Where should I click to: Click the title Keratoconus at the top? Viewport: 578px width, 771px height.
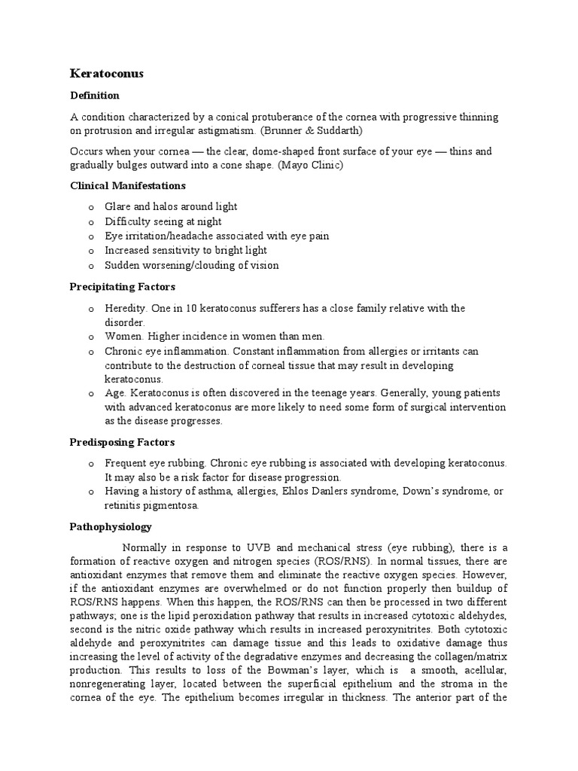point(106,74)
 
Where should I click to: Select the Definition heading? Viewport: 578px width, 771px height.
point(94,96)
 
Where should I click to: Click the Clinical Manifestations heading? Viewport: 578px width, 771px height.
point(128,185)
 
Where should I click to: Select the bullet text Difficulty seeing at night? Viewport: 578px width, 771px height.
point(163,221)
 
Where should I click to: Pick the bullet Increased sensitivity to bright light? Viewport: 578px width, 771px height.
point(186,250)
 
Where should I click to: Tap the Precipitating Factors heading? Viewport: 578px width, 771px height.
point(122,287)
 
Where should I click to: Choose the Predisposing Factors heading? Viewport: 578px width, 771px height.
point(122,442)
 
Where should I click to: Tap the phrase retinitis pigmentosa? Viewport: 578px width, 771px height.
point(151,505)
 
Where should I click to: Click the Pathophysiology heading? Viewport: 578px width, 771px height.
point(111,527)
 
